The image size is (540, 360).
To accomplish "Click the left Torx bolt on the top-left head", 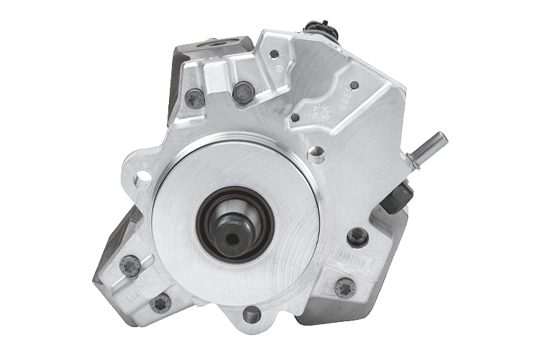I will tap(195, 97).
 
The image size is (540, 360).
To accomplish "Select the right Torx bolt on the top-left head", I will tap(244, 92).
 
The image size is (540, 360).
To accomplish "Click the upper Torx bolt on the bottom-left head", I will tap(130, 265).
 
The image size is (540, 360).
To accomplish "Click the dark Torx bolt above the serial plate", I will tap(357, 236).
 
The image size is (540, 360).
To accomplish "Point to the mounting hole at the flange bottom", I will tap(251, 315).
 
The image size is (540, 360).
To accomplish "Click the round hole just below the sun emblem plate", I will tap(315, 154).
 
